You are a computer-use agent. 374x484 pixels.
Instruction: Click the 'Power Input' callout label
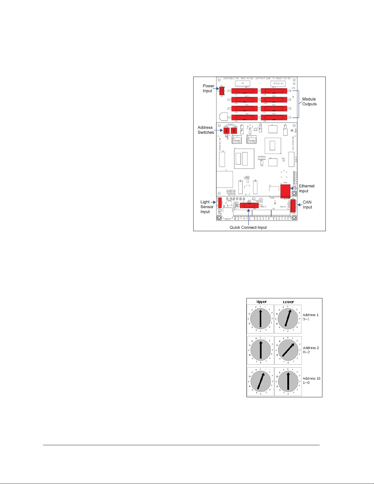[209, 89]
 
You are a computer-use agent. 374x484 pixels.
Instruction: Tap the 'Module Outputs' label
[309, 102]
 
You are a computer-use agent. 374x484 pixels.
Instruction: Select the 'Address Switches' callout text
[205, 130]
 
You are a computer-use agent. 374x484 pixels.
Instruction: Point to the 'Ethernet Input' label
[307, 188]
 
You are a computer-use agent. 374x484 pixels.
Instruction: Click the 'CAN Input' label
[307, 205]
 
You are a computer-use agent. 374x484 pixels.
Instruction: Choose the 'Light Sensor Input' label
[207, 207]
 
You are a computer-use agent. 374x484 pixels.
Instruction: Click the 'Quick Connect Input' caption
[248, 227]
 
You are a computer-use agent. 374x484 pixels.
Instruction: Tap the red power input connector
[222, 91]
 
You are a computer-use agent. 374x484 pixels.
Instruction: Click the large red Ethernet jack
[285, 191]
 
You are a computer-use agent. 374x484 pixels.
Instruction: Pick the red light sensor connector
[220, 202]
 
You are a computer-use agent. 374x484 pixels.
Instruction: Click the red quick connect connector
[249, 205]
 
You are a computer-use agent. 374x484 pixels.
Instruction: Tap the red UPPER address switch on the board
[226, 131]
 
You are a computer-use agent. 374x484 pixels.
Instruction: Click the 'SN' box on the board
[243, 83]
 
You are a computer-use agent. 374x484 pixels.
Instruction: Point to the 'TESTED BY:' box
[278, 84]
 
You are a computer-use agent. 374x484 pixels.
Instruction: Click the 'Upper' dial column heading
[262, 302]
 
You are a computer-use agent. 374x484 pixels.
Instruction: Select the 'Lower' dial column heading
[288, 302]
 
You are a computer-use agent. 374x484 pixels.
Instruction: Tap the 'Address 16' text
[311, 378]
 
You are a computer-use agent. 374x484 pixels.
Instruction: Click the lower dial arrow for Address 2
[289, 350]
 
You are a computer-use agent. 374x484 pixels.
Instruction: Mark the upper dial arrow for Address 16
[260, 381]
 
